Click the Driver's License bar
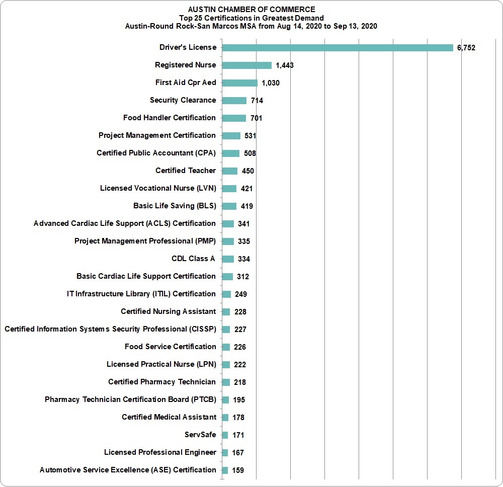338,48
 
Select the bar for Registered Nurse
246,65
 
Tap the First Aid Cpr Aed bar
239,83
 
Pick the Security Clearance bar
234,101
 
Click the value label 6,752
466,48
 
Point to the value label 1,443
285,65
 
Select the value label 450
247,171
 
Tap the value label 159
238,470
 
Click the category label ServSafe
200,435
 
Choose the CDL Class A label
193,259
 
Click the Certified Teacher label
186,171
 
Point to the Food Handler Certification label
170,118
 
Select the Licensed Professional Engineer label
160,452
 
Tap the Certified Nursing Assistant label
169,311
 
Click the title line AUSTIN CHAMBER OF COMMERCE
251,10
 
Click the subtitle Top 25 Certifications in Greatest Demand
251,18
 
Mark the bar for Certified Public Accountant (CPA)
231,153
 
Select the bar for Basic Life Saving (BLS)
229,206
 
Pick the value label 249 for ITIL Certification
240,294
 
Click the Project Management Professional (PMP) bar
228,241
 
